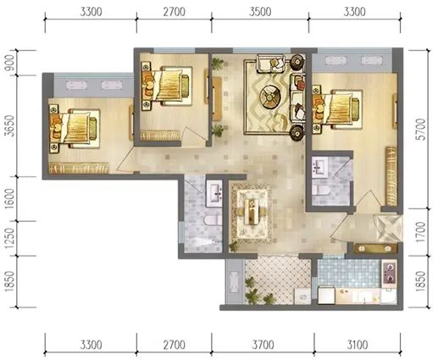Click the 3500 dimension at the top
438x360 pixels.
tap(260, 12)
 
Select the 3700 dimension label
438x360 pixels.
tap(263, 345)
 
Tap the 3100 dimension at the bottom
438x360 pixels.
tap(358, 345)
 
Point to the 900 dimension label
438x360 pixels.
tap(9, 63)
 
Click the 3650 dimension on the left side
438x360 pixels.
tap(9, 126)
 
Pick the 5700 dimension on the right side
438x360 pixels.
tap(420, 130)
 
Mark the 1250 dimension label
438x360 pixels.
tap(9, 238)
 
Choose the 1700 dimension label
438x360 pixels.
tap(420, 232)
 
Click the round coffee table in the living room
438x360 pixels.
tap(269, 97)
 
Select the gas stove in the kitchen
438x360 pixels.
tap(390, 274)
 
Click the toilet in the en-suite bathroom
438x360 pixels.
tap(321, 191)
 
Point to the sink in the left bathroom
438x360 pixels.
tap(214, 192)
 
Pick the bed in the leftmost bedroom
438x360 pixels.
tap(75, 129)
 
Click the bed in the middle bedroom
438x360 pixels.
tap(167, 86)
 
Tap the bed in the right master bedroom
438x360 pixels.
tap(337, 109)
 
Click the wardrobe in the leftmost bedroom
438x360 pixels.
tap(79, 169)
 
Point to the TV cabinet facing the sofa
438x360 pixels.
tap(217, 99)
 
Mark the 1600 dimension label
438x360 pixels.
tap(9, 198)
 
